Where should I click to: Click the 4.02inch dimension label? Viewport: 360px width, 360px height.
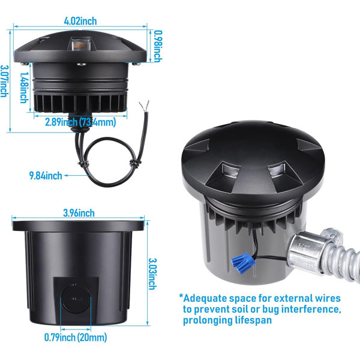[x=80, y=21]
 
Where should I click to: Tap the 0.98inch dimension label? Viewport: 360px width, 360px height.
[x=157, y=46]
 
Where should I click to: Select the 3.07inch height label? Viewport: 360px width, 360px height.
[x=4, y=81]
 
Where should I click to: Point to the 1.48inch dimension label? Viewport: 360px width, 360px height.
[x=24, y=88]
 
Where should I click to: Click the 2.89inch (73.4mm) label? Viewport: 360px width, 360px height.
[x=80, y=122]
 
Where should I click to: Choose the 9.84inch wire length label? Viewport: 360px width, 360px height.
[x=46, y=176]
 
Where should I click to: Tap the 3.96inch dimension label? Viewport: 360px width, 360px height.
[x=79, y=213]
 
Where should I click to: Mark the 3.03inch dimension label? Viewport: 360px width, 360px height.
[x=152, y=274]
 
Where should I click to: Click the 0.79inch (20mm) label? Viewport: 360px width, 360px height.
[x=76, y=337]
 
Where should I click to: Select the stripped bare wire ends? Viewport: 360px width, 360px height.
[x=145, y=106]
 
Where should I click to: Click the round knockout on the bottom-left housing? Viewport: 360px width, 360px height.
[x=76, y=299]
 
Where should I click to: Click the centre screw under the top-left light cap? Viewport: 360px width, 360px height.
[x=81, y=65]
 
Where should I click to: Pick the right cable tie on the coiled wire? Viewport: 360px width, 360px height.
[x=134, y=163]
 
